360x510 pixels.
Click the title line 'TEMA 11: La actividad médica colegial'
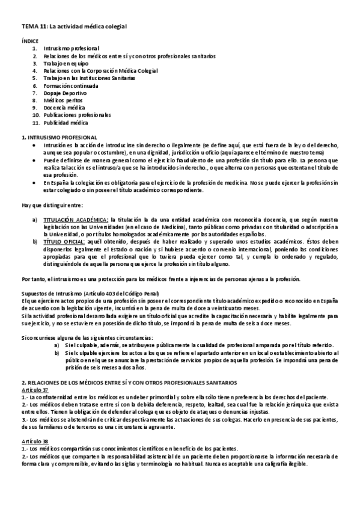(72, 27)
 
